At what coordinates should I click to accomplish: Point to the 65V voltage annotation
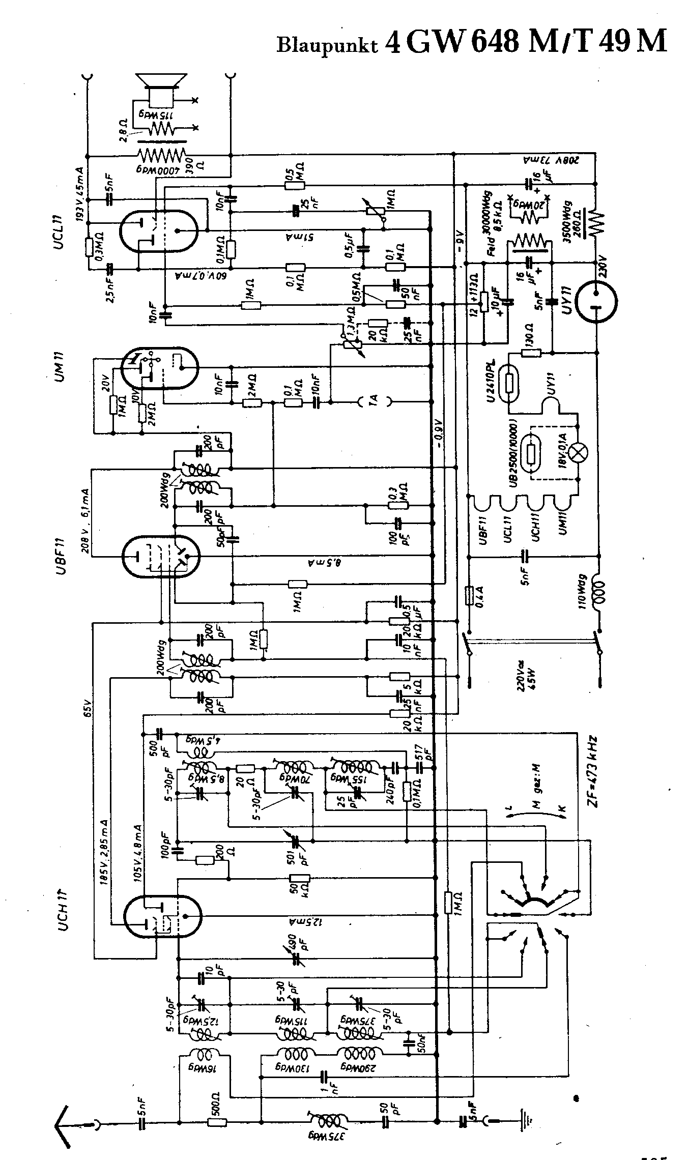(x=87, y=708)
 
